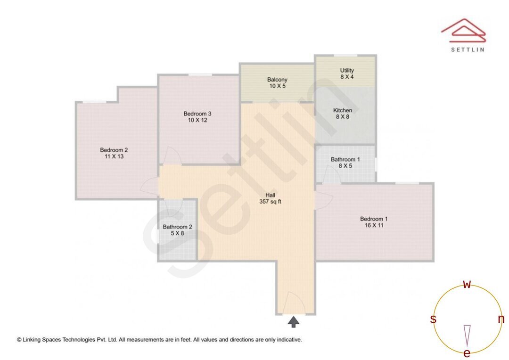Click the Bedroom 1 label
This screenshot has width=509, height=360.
[x=374, y=219]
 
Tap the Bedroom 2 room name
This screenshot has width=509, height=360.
[x=114, y=150]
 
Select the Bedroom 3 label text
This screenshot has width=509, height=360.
[x=197, y=114]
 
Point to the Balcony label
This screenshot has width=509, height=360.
[x=277, y=80]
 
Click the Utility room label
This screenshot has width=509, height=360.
[x=347, y=71]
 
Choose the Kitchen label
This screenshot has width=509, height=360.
[x=343, y=110]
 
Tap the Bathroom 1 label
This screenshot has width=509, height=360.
[x=345, y=159]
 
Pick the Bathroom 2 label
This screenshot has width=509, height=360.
[x=177, y=227]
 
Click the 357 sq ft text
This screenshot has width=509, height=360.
[x=270, y=202]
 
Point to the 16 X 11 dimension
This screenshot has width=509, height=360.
[x=374, y=226]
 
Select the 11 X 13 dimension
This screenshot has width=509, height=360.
[x=114, y=156]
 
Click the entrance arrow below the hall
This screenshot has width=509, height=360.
[x=294, y=322]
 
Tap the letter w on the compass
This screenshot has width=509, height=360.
[x=467, y=285]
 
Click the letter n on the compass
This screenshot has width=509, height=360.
[x=501, y=319]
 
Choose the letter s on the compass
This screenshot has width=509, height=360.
[x=433, y=319]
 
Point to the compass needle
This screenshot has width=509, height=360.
[x=467, y=335]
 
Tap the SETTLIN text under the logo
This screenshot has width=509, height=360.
[x=468, y=49]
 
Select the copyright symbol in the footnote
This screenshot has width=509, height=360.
[x=19, y=339]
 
